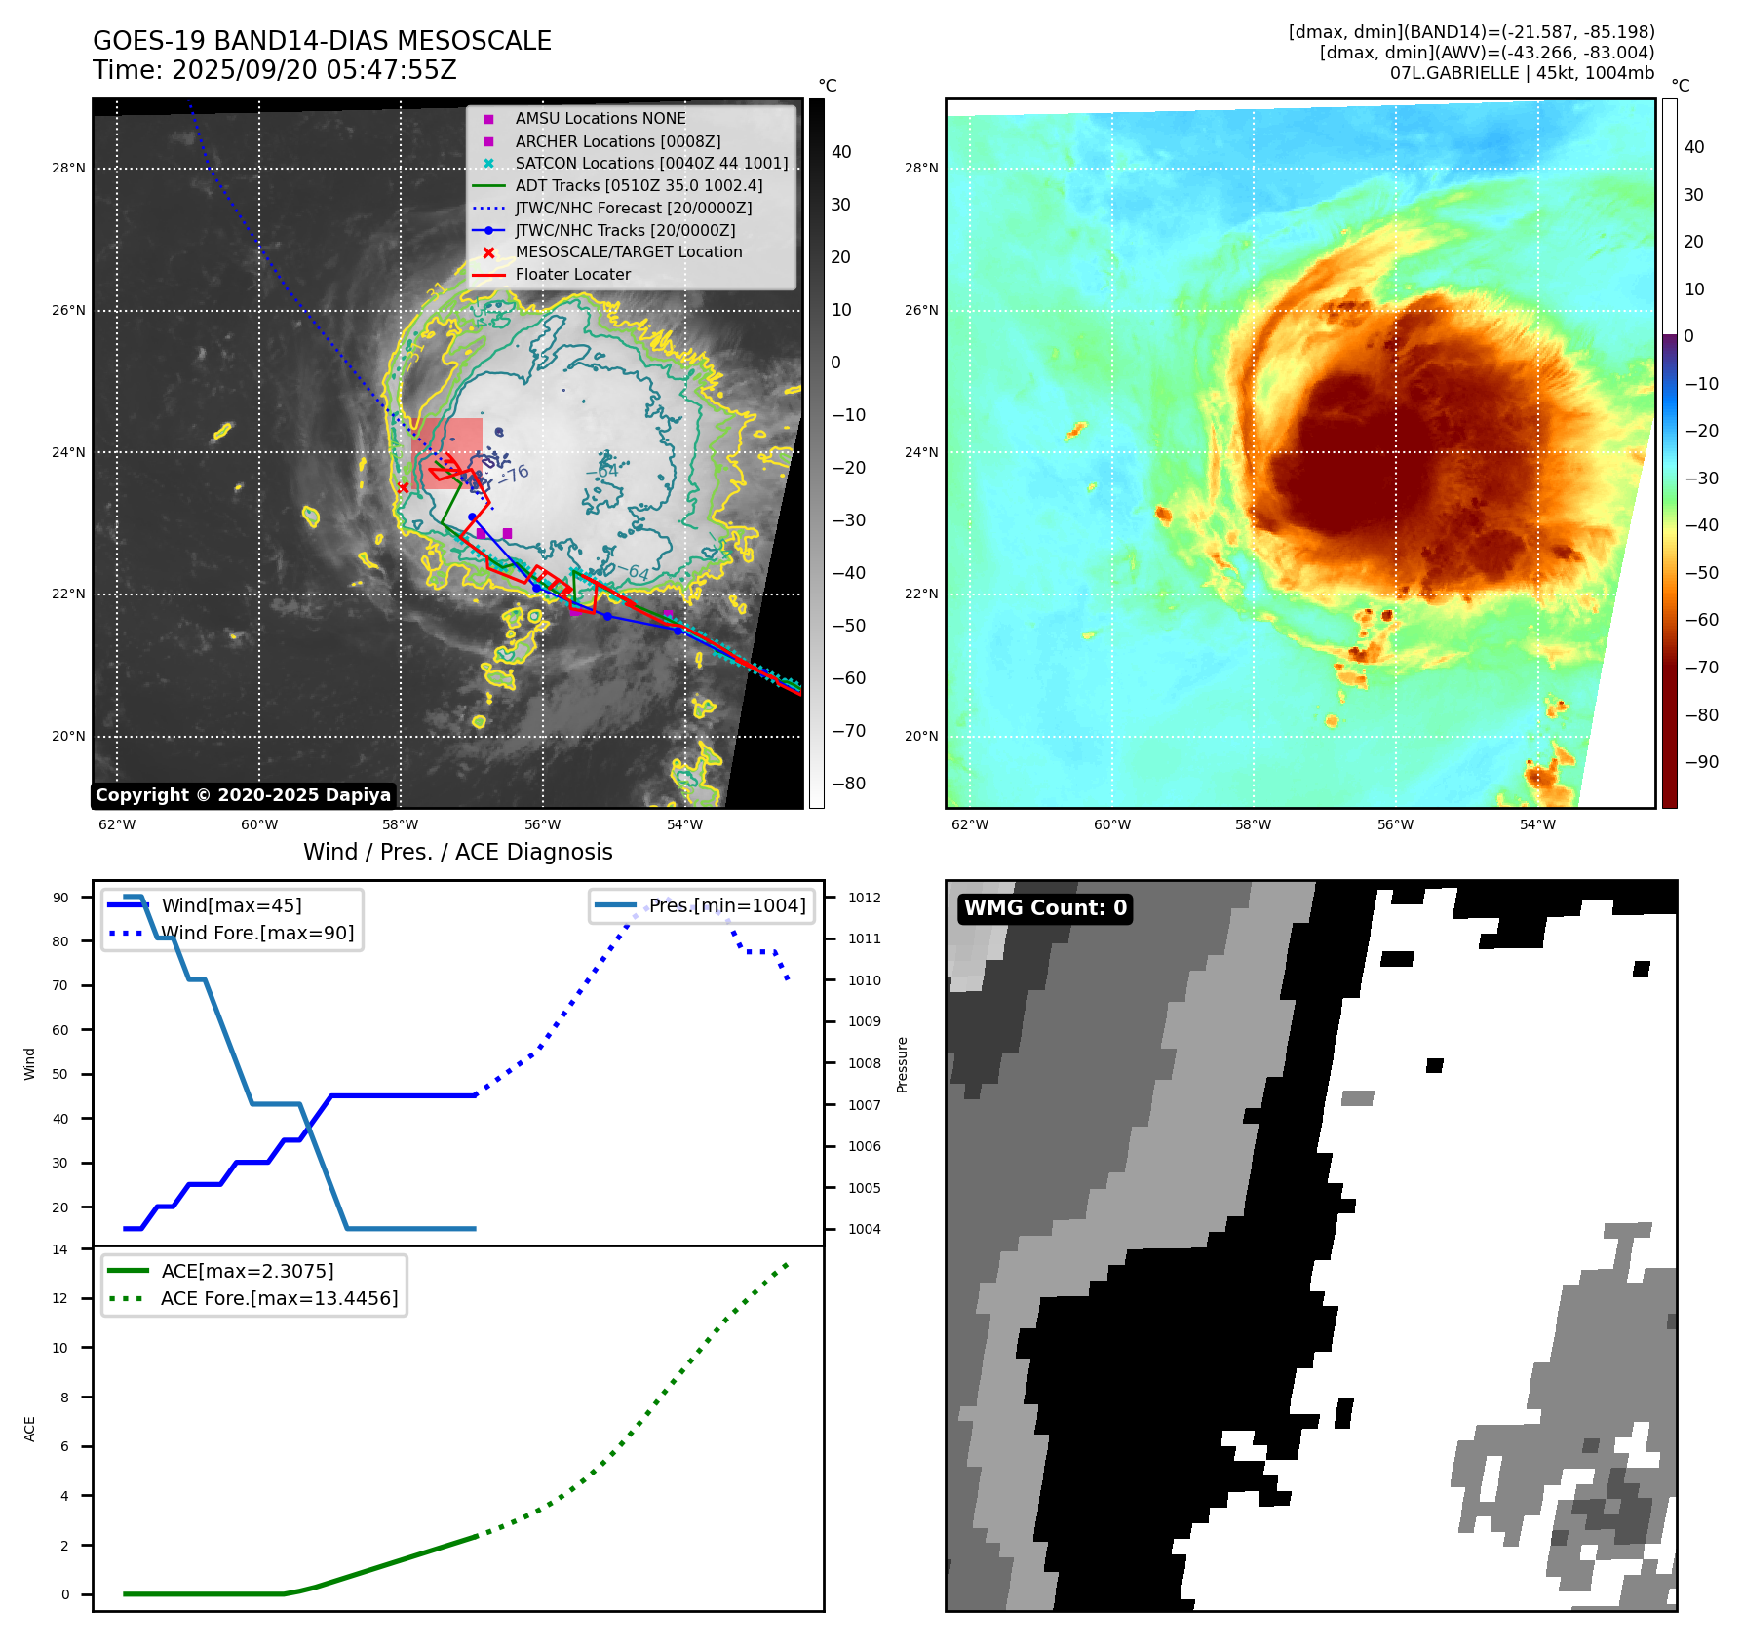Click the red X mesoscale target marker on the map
point(404,487)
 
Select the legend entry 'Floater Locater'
point(572,275)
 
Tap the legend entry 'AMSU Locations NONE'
point(600,119)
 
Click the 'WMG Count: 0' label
point(1045,908)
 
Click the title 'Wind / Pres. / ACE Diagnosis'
point(458,852)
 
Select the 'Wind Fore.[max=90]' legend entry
point(257,934)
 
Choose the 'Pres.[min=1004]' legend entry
point(727,906)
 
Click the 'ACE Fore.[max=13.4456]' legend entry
point(279,1299)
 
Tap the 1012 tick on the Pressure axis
point(864,898)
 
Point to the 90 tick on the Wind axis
point(61,898)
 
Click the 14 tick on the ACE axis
point(61,1249)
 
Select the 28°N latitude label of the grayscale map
point(68,169)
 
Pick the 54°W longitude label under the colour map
point(1537,824)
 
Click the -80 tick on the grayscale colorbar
point(848,784)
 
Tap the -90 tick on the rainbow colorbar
point(1701,762)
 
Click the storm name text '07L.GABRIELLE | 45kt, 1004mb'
point(1522,73)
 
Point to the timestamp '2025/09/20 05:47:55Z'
point(314,71)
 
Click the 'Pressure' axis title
point(903,1064)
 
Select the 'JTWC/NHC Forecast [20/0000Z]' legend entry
point(633,209)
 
